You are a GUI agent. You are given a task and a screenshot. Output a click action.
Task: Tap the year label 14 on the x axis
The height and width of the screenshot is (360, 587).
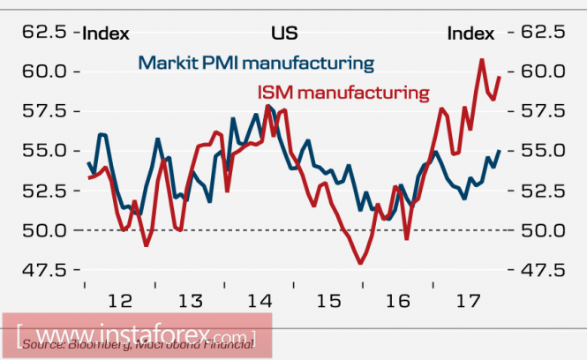(x=259, y=301)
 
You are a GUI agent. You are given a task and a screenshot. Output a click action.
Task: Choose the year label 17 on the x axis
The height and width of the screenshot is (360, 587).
(x=466, y=301)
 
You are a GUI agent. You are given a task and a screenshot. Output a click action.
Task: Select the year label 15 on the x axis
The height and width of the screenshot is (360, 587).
(x=328, y=301)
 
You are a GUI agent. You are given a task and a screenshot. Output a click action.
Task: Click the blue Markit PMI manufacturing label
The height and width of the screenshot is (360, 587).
(x=256, y=64)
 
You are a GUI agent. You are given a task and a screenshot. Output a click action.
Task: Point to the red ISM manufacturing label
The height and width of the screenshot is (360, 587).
(x=342, y=90)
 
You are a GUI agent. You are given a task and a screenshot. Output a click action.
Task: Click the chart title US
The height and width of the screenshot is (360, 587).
(x=284, y=34)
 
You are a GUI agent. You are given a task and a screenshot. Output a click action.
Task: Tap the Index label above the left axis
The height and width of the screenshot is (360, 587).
(x=106, y=34)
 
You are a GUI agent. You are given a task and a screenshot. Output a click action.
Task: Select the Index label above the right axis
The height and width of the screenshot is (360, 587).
(x=470, y=34)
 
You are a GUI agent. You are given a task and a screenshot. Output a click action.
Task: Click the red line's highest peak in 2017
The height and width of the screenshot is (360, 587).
(x=482, y=59)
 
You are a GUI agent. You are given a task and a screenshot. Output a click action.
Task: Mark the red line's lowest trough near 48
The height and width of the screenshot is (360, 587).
(x=360, y=263)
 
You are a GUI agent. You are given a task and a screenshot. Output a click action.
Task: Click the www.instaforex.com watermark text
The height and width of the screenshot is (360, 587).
(x=132, y=335)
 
